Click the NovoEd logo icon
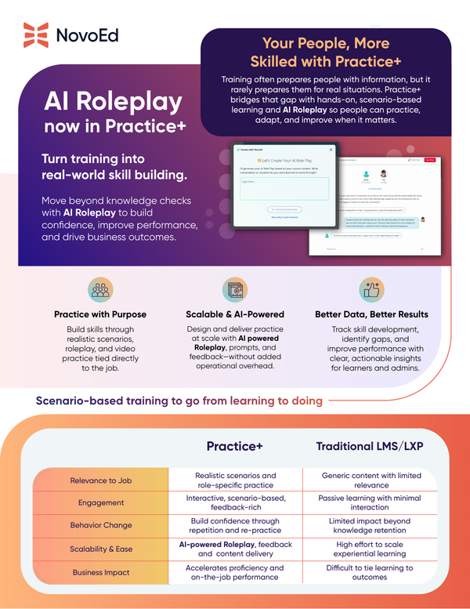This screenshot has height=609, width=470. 36,35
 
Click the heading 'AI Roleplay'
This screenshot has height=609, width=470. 113,102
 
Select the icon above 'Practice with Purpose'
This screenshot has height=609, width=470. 99,290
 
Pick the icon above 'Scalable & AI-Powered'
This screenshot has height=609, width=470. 235,290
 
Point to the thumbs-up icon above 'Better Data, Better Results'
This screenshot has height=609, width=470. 371,290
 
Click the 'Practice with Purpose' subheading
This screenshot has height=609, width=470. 99,314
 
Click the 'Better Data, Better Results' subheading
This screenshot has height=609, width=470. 371,314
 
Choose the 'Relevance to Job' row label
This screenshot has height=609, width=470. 100,480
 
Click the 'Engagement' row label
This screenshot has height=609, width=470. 100,503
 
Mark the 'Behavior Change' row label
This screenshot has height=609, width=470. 100,526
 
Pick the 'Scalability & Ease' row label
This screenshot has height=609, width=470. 100,549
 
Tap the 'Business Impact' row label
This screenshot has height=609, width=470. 100,572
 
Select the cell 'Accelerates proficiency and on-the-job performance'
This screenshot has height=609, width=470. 235,572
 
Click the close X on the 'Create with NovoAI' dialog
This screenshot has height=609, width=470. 330,148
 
